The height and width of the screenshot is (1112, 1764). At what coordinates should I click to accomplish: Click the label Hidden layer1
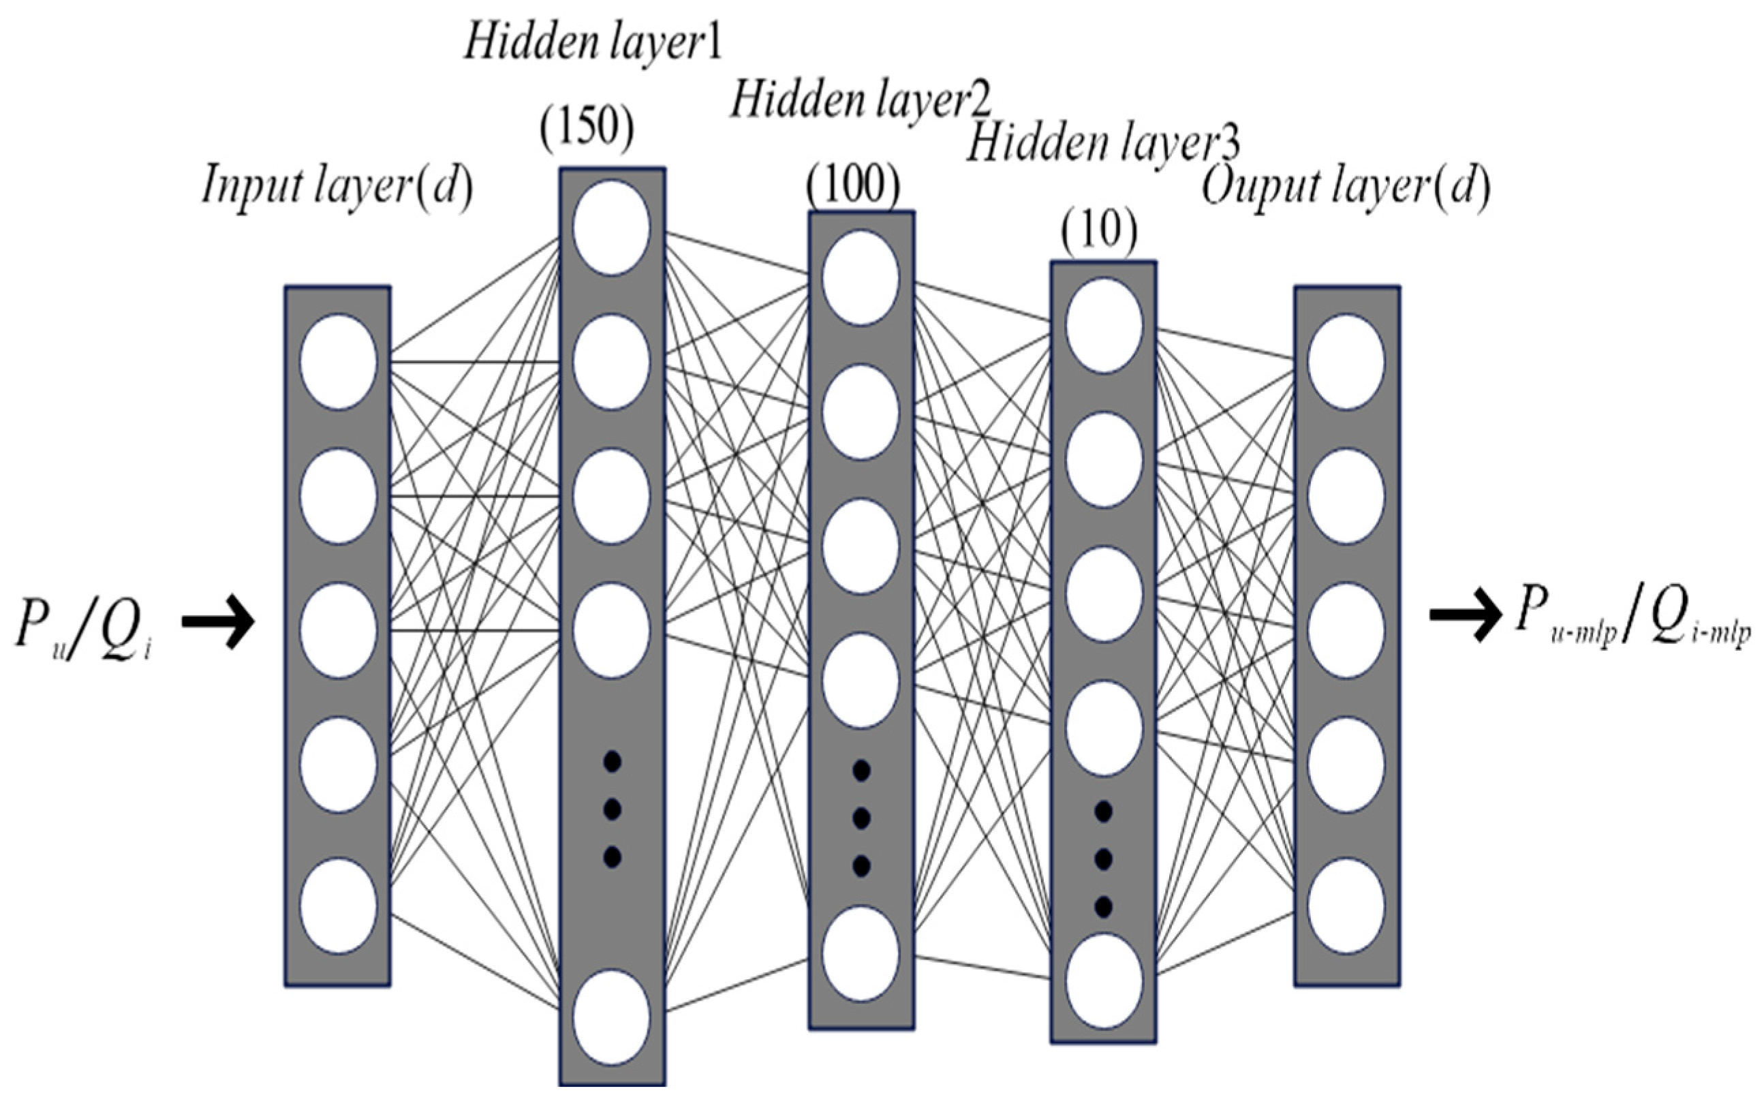tap(593, 42)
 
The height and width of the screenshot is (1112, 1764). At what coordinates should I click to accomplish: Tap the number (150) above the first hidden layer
tap(586, 129)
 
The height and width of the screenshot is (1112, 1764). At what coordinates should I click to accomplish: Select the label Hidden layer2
tap(861, 100)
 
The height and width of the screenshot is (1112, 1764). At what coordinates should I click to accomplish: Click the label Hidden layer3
tap(1103, 143)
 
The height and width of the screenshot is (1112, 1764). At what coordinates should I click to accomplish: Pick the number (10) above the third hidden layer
tap(1099, 232)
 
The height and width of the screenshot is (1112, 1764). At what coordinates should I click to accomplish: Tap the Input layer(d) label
tap(337, 185)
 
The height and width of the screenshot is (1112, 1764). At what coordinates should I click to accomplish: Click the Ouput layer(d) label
tap(1346, 188)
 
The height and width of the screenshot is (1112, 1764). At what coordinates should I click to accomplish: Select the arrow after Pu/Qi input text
tap(217, 622)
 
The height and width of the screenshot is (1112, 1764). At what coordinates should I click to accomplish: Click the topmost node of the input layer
tap(338, 362)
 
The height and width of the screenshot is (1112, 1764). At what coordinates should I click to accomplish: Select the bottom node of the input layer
tap(338, 906)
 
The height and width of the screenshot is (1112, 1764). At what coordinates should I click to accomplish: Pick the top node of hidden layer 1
tap(611, 227)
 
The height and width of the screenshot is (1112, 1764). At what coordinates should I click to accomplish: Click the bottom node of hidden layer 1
tap(611, 1017)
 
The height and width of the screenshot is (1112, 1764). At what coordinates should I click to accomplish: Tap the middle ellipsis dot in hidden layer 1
tap(612, 809)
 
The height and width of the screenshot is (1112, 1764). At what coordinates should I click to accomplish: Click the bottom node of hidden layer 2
tap(860, 954)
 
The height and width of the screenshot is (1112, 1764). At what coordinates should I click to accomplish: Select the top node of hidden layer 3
tap(1103, 325)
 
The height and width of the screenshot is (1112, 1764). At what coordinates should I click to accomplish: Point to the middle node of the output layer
tap(1346, 630)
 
